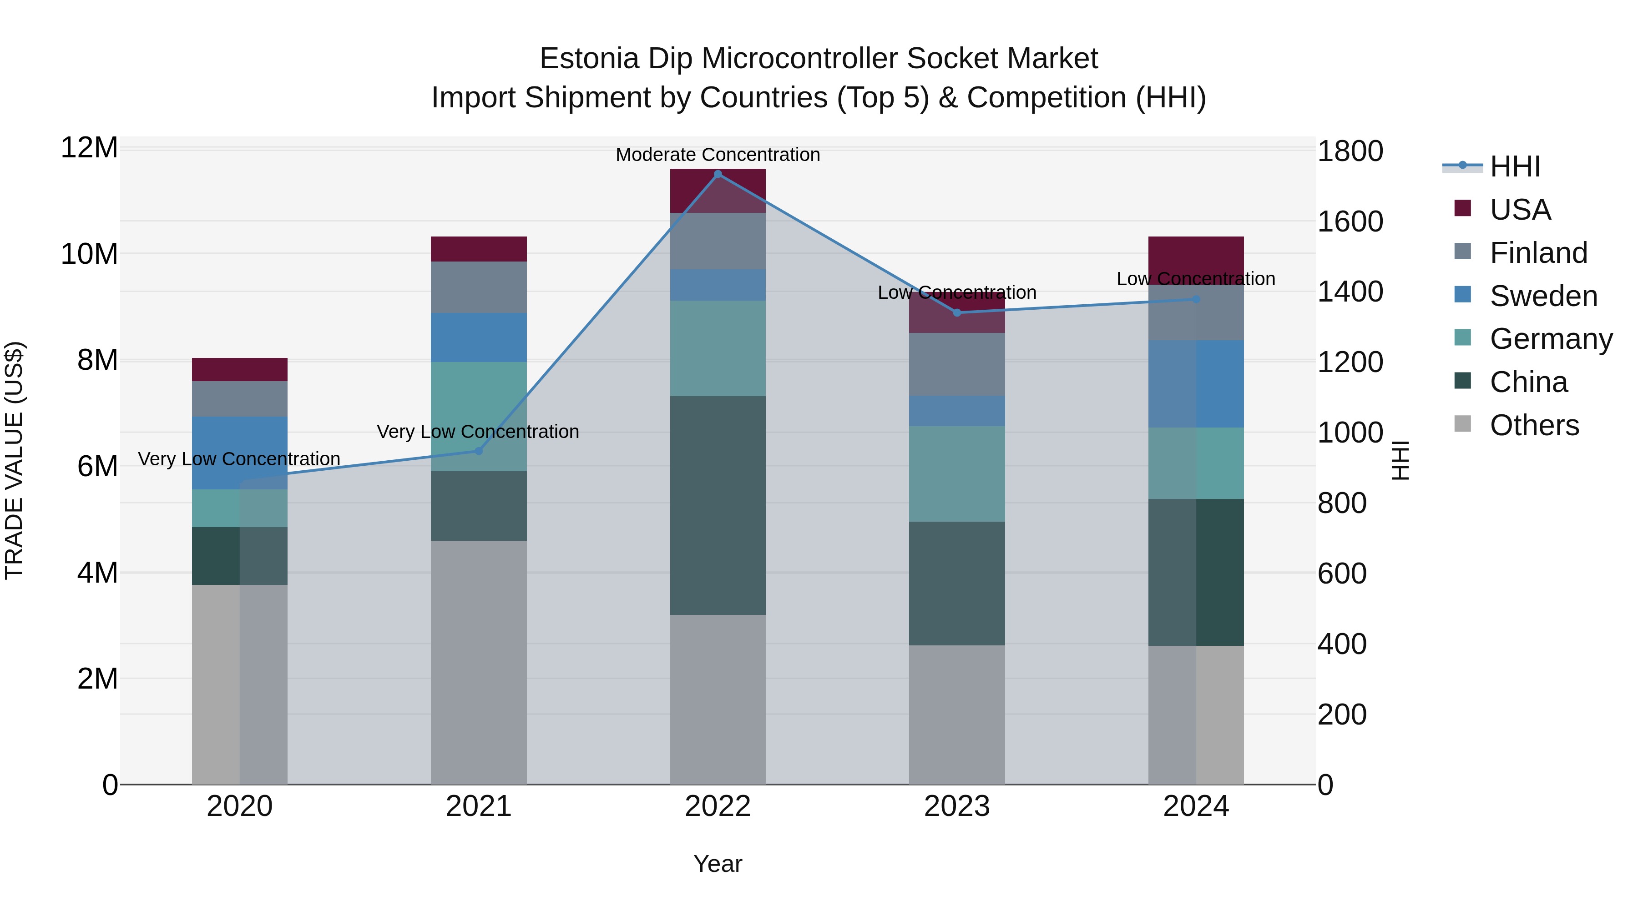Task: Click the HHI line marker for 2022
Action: coord(718,174)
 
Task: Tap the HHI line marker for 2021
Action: coord(479,451)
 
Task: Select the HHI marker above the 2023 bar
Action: coord(957,313)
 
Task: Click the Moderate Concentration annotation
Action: coord(718,155)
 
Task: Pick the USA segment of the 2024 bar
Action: coord(1195,254)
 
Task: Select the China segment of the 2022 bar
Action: coord(718,505)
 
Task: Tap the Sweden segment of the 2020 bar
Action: coord(240,453)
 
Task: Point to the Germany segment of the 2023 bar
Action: coord(957,473)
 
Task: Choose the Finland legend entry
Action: coord(1538,253)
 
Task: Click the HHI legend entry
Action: coord(1515,166)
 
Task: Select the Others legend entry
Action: coord(1534,425)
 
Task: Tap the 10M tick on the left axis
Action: coord(89,254)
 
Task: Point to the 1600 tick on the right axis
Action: coord(1350,222)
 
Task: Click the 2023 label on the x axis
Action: coord(957,806)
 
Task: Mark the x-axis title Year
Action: coord(718,864)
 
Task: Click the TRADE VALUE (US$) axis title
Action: coord(14,460)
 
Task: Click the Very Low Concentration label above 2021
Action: coord(478,432)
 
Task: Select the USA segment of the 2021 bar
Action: coord(479,249)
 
